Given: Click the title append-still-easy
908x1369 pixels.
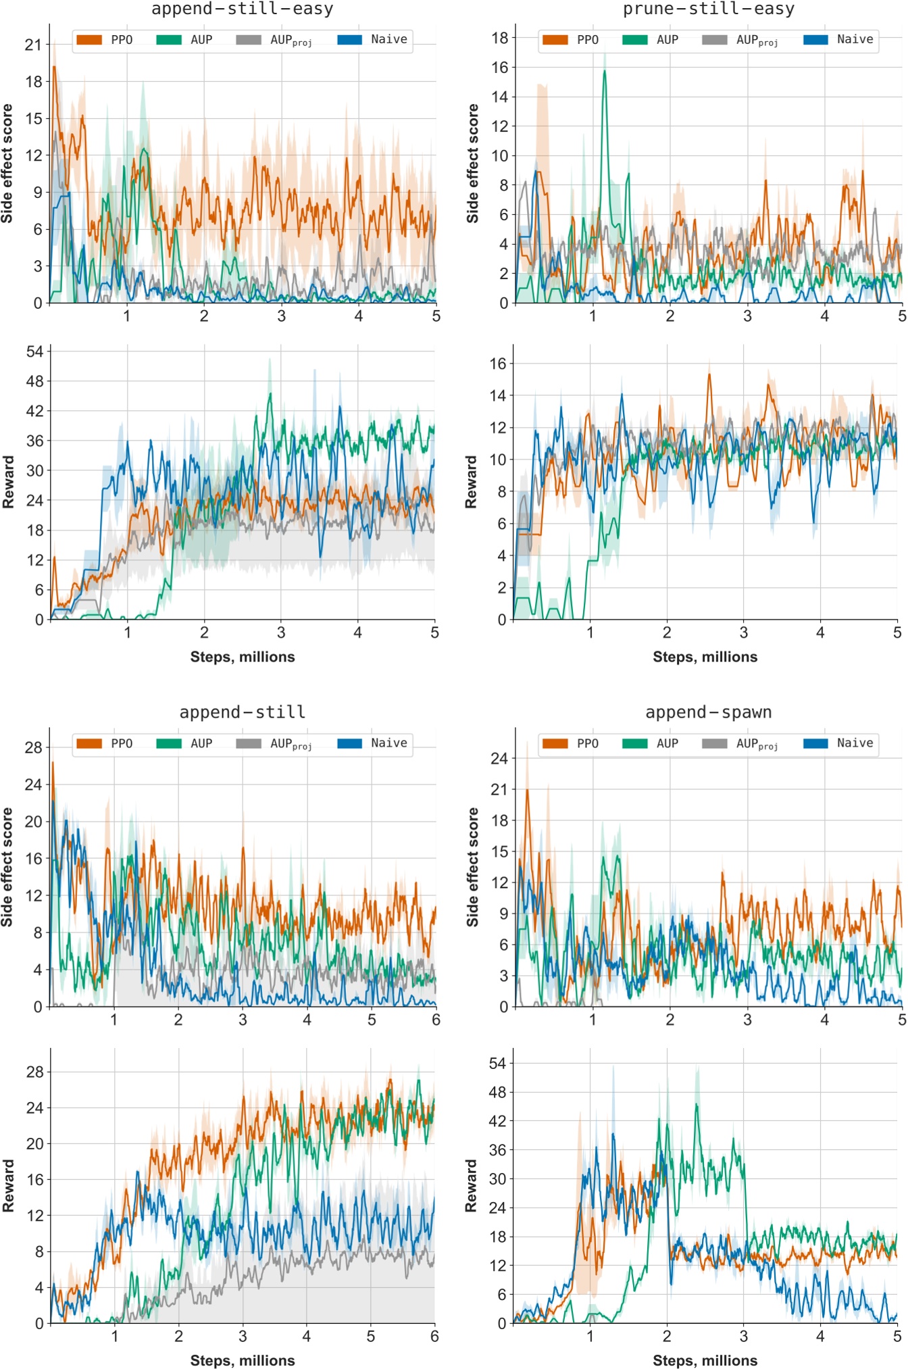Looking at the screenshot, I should (242, 9).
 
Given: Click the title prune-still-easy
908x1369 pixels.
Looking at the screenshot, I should (708, 9).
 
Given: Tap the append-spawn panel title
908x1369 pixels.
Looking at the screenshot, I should (708, 712).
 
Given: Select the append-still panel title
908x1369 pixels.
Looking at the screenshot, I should (242, 712).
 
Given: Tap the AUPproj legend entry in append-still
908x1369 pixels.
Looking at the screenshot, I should (274, 743).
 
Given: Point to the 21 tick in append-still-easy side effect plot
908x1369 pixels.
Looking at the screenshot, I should (32, 45).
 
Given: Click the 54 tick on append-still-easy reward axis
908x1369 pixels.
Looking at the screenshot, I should (34, 351).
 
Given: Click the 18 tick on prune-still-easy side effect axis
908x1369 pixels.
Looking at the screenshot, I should (499, 38).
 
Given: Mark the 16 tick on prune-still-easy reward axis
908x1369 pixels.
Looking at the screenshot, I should (498, 364).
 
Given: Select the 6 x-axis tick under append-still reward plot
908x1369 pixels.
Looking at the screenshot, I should (434, 1336).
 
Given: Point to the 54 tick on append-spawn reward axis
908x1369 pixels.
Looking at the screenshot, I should (497, 1064).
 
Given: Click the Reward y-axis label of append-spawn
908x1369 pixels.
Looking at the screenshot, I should (471, 1186).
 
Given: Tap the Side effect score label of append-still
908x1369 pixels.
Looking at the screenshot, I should (7, 867).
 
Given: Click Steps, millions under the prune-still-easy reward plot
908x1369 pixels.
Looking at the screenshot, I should (705, 657).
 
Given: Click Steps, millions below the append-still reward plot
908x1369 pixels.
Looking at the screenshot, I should (242, 1360).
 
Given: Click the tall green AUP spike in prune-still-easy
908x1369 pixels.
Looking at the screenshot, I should (605, 72).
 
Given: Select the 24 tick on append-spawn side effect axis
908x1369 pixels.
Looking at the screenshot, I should (499, 758).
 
